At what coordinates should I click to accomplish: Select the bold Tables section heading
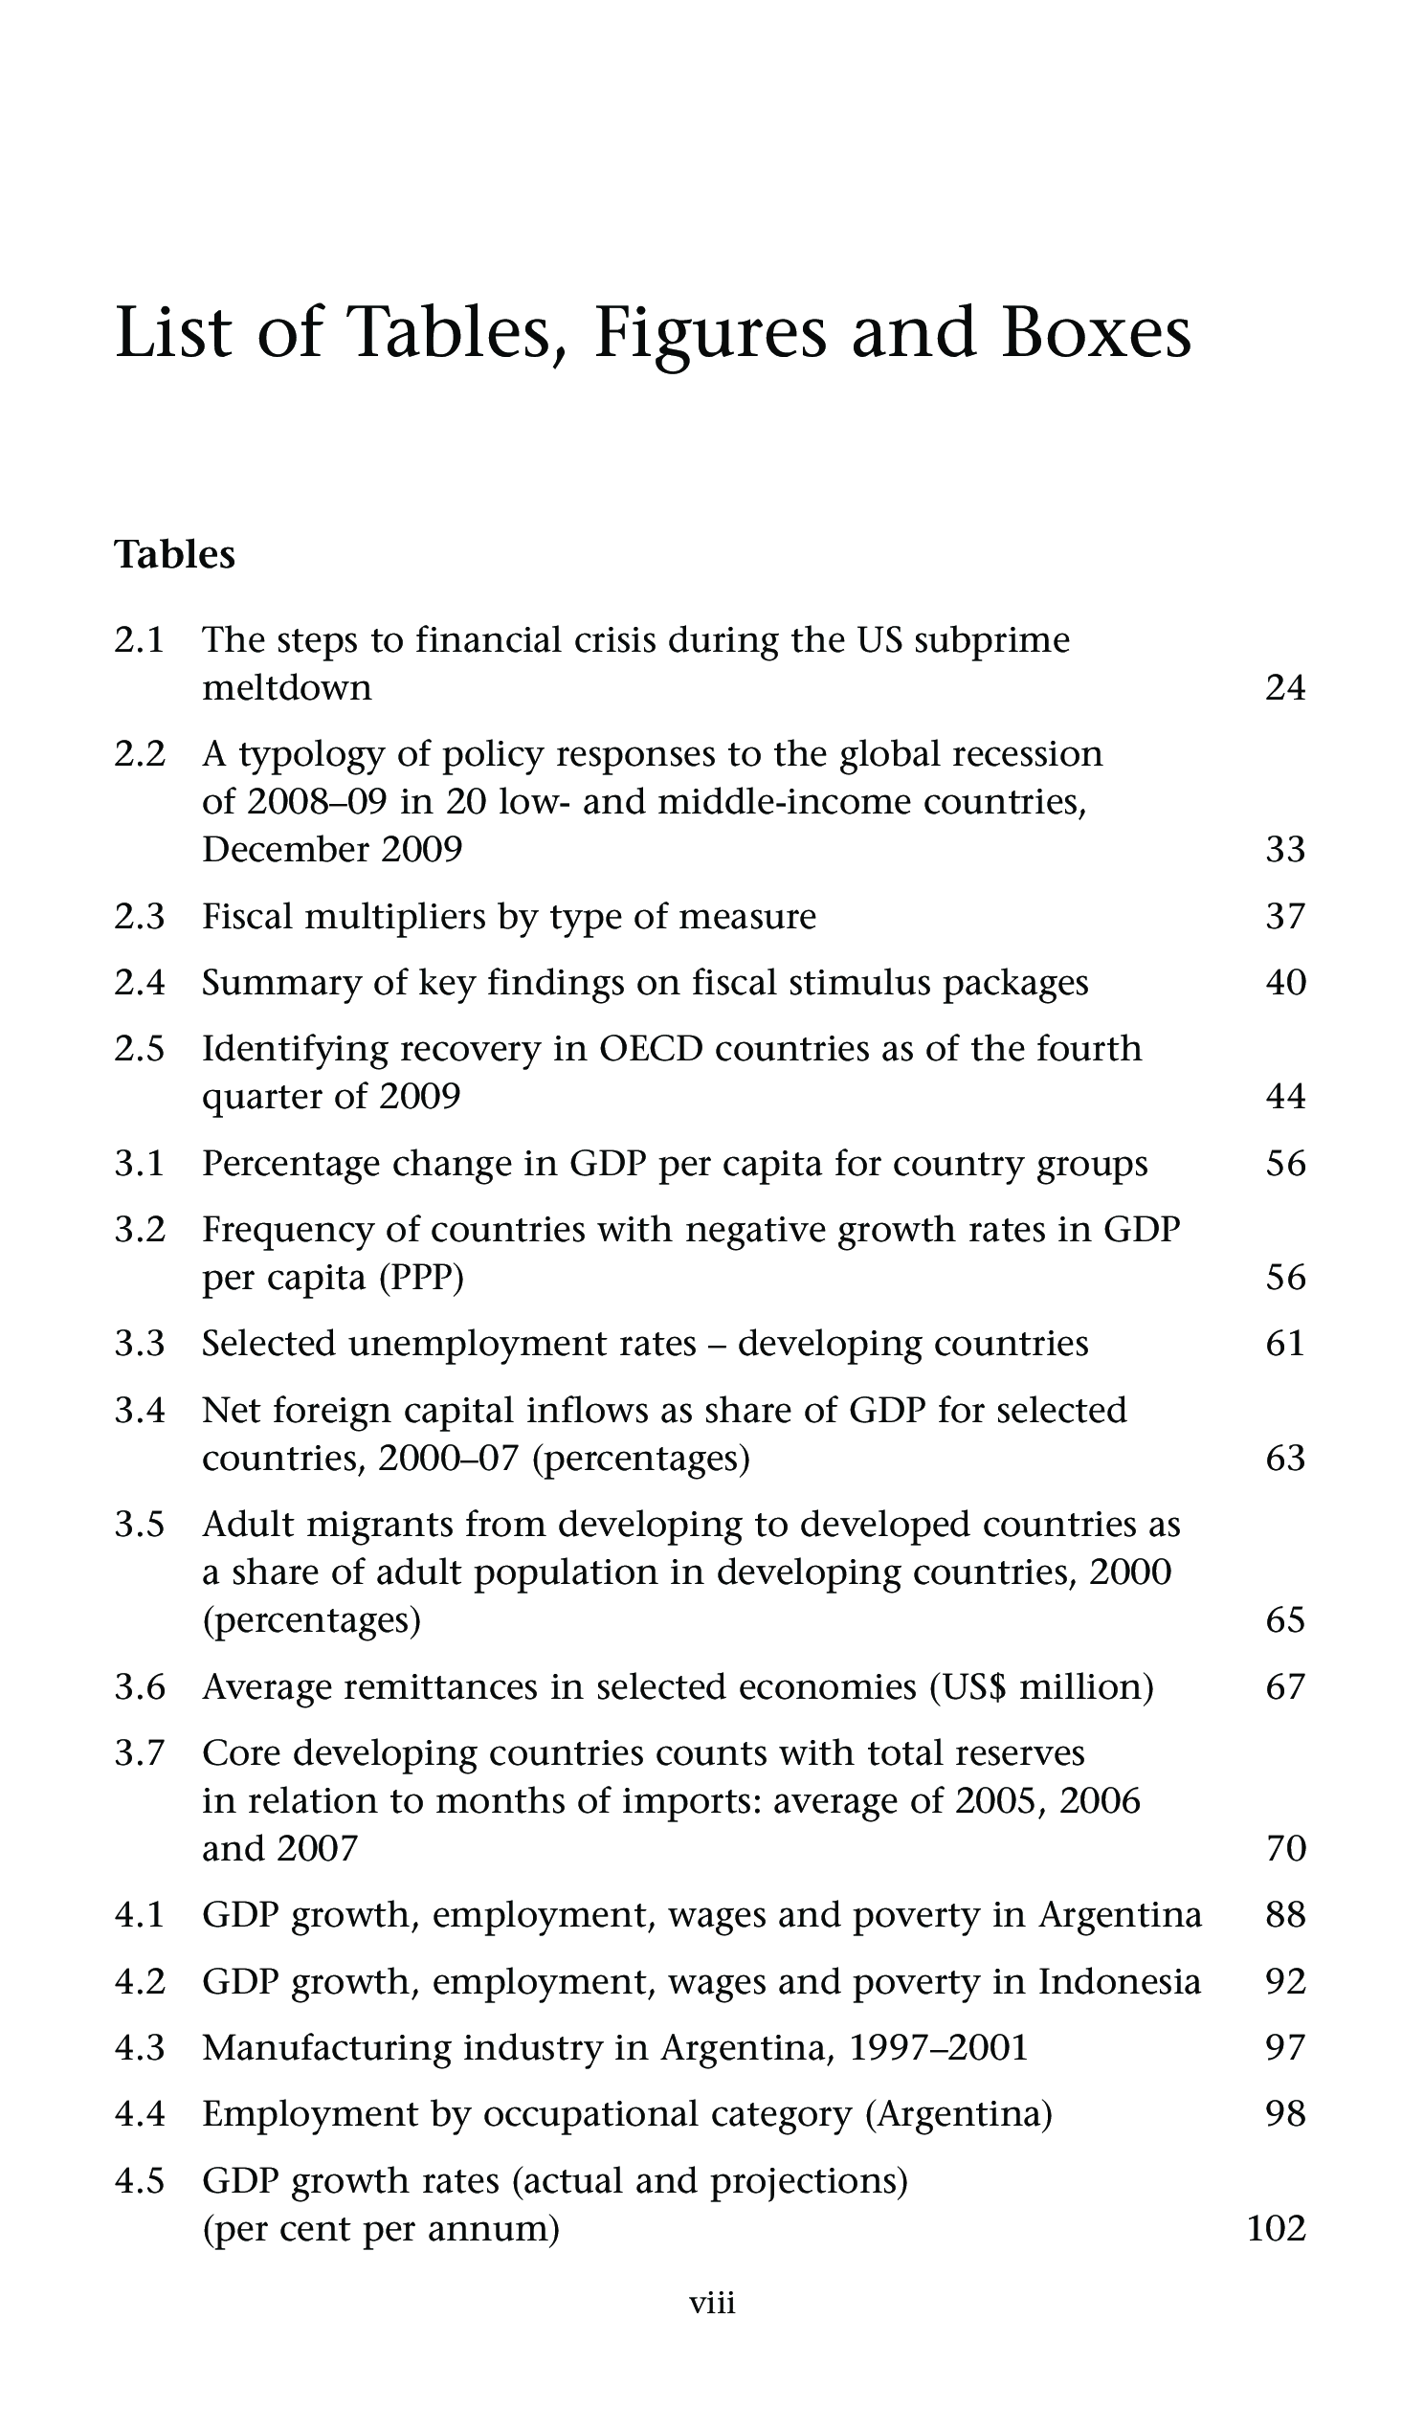174,555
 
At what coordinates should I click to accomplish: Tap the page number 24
1284,688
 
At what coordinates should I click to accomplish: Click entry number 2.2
140,754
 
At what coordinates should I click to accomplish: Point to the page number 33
1284,850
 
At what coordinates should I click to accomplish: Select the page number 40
1284,983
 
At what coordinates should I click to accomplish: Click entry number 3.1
140,1164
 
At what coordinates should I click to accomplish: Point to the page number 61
1284,1345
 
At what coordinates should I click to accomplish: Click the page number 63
1284,1458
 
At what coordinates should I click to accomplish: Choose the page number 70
1284,1848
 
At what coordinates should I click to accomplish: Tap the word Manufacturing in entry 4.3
327,2047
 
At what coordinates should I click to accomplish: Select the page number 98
1284,2114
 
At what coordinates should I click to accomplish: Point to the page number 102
1276,2228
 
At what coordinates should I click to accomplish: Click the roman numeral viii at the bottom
711,2304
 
